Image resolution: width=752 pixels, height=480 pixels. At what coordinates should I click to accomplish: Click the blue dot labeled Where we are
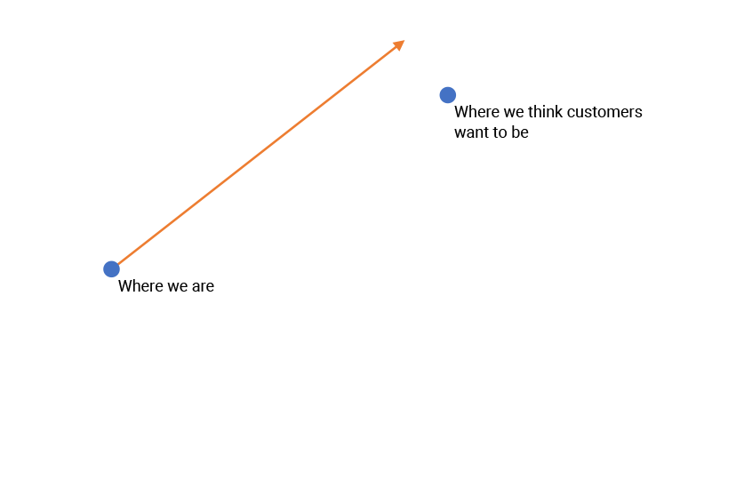pyautogui.click(x=111, y=269)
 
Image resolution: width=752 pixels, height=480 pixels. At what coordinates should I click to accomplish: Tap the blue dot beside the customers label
pyautogui.click(x=448, y=95)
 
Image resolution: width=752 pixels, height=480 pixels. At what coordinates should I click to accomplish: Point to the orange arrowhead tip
pyautogui.click(x=404, y=41)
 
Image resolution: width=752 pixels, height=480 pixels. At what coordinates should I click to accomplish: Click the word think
pyautogui.click(x=545, y=112)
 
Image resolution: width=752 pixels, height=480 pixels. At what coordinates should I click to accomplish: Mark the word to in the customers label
pyautogui.click(x=499, y=133)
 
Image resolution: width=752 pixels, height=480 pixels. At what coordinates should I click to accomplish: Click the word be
pyautogui.click(x=519, y=133)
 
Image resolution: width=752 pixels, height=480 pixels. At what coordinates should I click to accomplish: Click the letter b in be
pyautogui.click(x=515, y=133)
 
